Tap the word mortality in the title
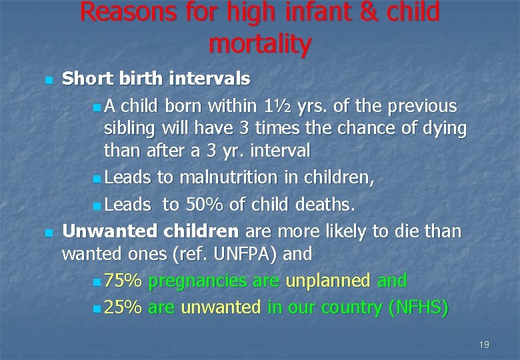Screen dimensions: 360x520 click(259, 44)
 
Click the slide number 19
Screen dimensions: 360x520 click(484, 345)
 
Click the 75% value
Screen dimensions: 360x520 click(123, 281)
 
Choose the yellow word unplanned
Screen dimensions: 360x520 click(327, 281)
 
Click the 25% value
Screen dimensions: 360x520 click(123, 307)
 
